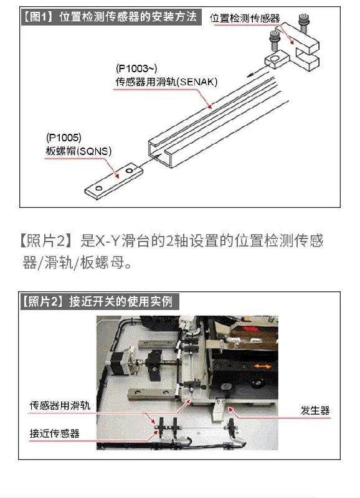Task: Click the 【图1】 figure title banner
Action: (111, 17)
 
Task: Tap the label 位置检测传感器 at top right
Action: (245, 18)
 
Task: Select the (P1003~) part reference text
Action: (136, 68)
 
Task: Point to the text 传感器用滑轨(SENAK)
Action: (166, 82)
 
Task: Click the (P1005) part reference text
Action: (64, 138)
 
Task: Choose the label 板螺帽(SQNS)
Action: (78, 151)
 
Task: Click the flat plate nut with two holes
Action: (113, 181)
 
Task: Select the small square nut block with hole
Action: (276, 59)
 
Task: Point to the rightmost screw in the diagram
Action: (304, 23)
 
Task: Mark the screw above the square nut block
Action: (274, 40)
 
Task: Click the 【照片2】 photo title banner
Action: (99, 301)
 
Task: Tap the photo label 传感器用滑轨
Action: (60, 405)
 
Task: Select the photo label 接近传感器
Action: (55, 433)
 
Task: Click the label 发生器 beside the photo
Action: (315, 410)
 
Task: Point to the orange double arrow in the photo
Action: (263, 367)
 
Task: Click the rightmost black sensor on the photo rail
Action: (231, 426)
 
